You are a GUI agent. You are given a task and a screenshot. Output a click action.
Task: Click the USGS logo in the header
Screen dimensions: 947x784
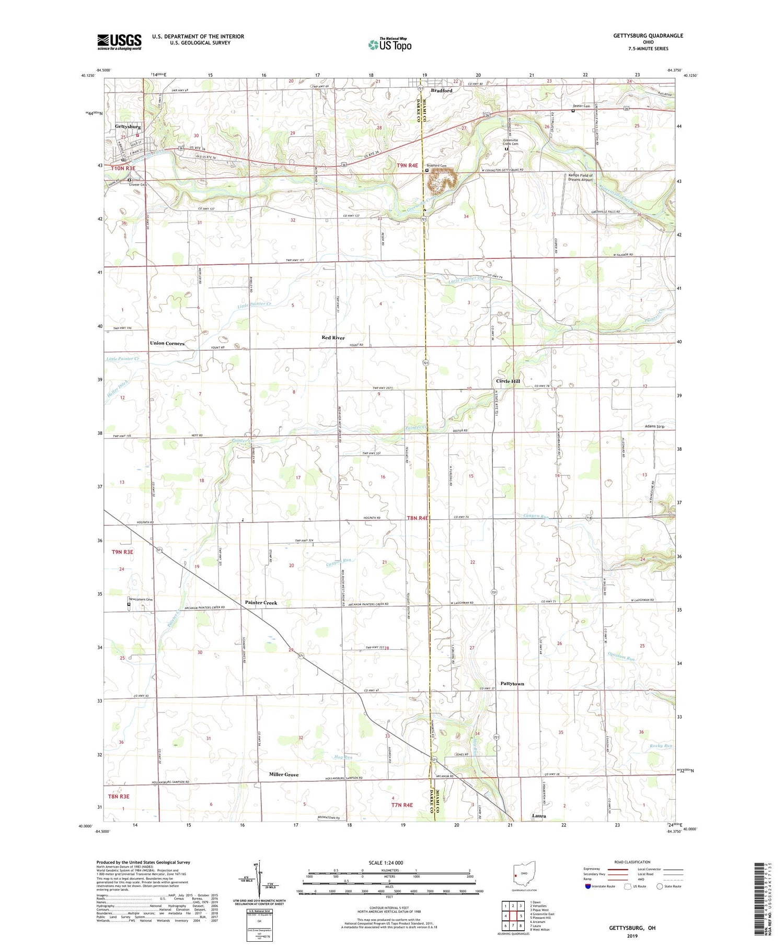pos(119,42)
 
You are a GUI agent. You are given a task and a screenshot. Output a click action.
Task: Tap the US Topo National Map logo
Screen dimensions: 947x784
pos(390,44)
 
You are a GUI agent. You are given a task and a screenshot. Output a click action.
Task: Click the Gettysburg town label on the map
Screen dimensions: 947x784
pos(128,127)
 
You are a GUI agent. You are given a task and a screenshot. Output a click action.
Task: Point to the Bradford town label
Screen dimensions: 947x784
pos(441,90)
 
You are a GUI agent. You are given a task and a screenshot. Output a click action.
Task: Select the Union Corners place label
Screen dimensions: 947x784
pos(167,343)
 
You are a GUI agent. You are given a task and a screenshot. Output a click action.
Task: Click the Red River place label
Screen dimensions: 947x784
pos(333,338)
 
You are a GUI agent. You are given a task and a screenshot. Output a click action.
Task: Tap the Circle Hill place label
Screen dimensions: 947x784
pos(508,381)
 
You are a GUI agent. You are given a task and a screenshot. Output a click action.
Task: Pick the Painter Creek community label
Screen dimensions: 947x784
pos(261,603)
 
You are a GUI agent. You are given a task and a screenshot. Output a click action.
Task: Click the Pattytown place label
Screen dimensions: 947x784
pos(512,684)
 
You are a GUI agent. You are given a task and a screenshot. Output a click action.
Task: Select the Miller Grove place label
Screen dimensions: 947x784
pos(284,775)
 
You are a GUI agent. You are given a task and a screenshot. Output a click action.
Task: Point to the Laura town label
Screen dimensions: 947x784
pos(538,816)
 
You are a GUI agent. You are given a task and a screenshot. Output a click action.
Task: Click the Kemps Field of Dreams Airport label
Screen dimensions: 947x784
pos(580,178)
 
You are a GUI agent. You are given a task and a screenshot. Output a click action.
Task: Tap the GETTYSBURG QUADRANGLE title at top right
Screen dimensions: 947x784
pos(648,36)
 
